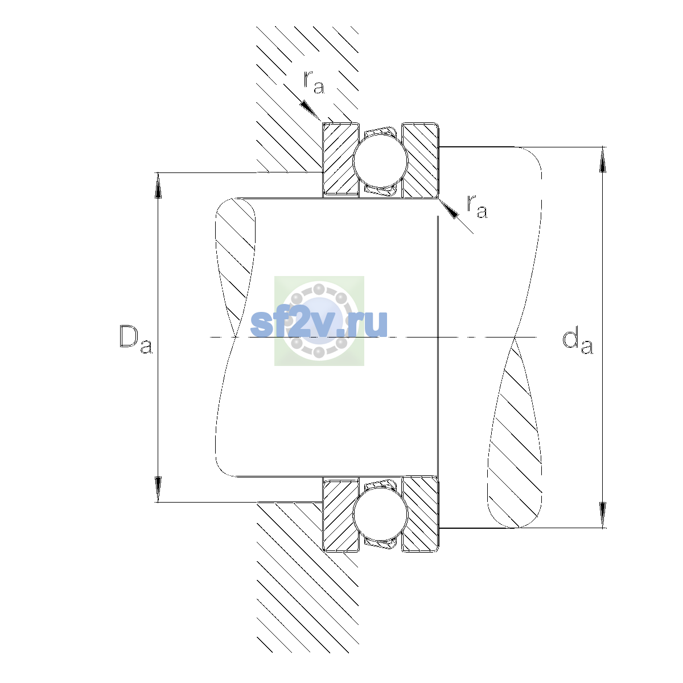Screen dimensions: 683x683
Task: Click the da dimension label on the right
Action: (577, 343)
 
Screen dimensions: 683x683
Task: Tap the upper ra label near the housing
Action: (314, 82)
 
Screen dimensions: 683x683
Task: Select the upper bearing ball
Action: (380, 160)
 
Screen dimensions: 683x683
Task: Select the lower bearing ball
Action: (380, 514)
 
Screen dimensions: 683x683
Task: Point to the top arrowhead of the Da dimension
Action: (158, 186)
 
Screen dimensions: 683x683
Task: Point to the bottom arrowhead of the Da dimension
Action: (158, 489)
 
